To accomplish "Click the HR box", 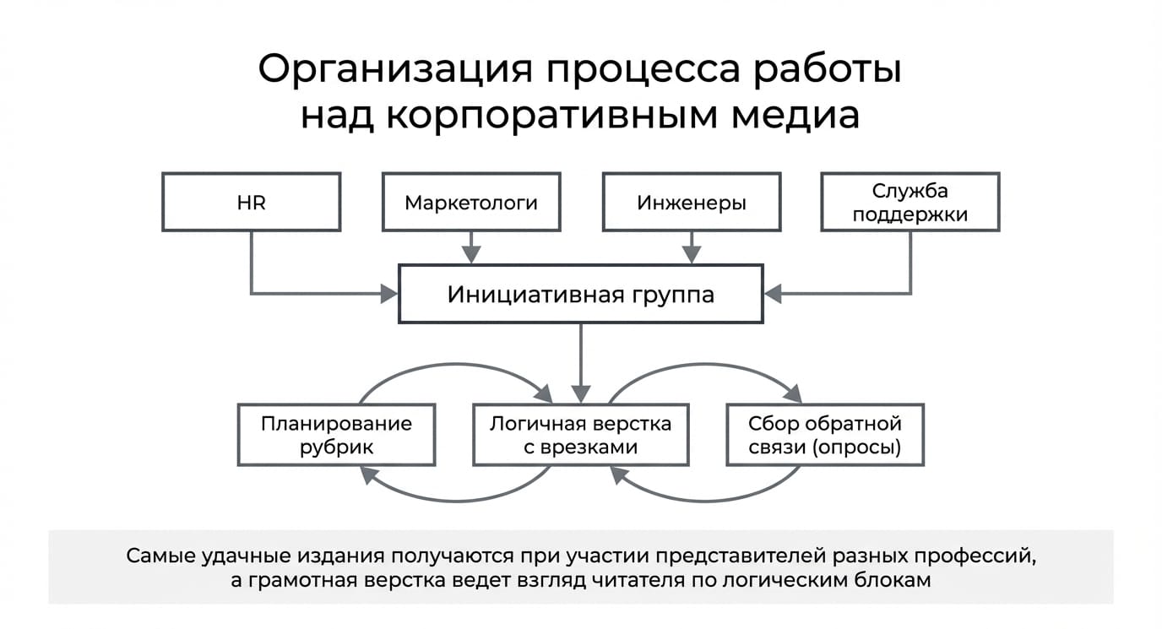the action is point(252,203).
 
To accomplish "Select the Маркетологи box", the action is point(471,203).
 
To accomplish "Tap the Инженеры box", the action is point(692,203).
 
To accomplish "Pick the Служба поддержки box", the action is point(910,203).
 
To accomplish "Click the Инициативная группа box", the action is point(581,294).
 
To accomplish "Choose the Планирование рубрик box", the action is point(337,435).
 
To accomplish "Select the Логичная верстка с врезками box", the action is point(581,435).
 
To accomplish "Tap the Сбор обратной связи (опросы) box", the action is point(825,435).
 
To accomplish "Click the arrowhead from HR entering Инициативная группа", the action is point(389,294).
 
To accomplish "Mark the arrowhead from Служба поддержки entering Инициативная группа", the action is point(773,294).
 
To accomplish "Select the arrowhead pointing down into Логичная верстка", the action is point(581,394).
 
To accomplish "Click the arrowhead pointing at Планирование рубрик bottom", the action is point(367,474).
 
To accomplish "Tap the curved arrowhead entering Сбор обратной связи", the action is point(794,394).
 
